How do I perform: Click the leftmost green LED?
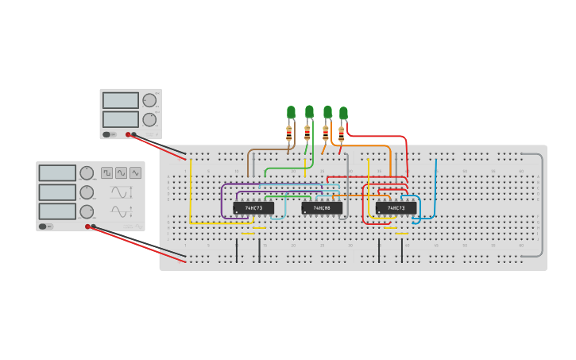point(291,112)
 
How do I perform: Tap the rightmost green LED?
point(343,113)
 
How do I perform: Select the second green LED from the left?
point(309,111)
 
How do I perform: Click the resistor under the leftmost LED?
point(289,133)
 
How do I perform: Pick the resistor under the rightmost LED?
point(342,134)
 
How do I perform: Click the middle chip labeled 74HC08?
point(322,208)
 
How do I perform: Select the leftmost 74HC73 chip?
point(253,208)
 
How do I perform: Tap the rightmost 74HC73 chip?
point(396,208)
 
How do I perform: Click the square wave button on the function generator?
point(106,172)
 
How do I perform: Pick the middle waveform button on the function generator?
point(121,172)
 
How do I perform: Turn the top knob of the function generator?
point(87,173)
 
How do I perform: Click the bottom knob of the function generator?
point(87,211)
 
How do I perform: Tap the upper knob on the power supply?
point(149,100)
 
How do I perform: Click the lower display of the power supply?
point(120,119)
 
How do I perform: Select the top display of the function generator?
point(57,173)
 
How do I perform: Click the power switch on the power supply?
point(106,134)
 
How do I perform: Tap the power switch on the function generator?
point(43,226)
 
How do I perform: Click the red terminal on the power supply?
point(127,134)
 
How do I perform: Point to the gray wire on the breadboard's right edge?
point(543,207)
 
